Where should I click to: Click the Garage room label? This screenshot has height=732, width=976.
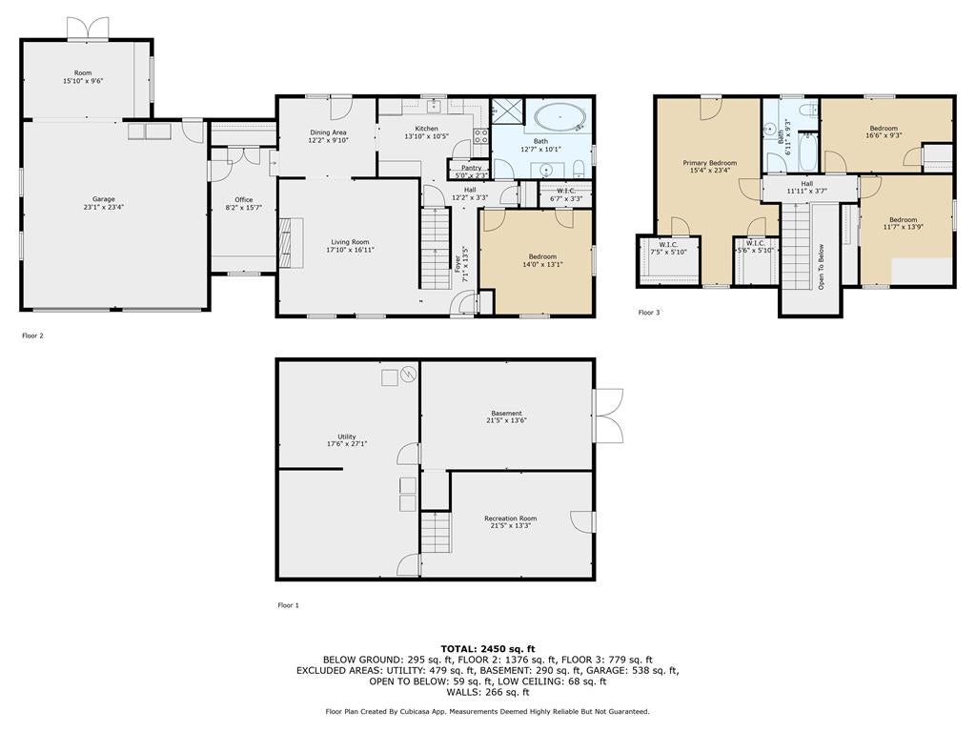click(103, 199)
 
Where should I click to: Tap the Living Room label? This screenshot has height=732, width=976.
click(350, 242)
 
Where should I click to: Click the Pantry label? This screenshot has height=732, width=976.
click(471, 168)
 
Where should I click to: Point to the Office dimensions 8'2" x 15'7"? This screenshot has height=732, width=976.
click(244, 207)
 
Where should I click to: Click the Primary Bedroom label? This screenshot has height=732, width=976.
click(709, 163)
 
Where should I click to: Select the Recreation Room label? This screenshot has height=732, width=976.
click(510, 518)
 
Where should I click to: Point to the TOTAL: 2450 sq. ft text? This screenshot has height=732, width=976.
click(487, 649)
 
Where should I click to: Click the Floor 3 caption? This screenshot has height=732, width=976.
click(648, 313)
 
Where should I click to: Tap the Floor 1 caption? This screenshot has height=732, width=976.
click(288, 605)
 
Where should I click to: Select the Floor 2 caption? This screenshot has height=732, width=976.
click(32, 335)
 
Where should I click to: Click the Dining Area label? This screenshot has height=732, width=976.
click(327, 132)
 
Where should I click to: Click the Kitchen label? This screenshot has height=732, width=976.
click(426, 129)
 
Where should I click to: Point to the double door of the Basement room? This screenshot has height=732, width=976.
click(607, 415)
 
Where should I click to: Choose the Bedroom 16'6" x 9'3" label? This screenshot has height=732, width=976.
click(883, 129)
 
